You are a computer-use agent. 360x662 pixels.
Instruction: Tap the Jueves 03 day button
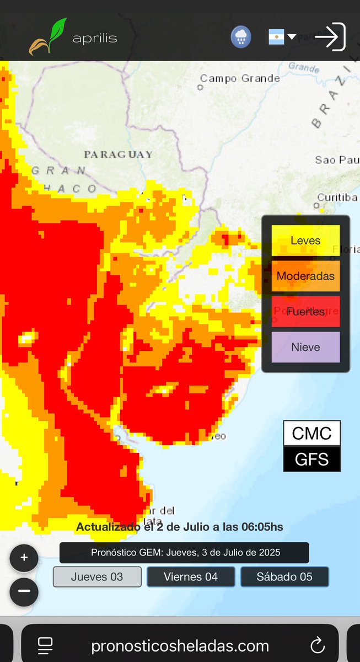(97, 577)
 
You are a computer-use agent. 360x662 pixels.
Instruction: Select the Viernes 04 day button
(191, 577)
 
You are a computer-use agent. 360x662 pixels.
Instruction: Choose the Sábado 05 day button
(284, 577)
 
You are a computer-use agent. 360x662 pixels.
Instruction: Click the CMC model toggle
(311, 434)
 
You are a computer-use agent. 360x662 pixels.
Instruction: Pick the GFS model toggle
(311, 460)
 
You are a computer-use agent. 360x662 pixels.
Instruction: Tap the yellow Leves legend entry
(305, 241)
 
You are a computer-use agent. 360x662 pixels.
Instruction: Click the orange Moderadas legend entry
(305, 276)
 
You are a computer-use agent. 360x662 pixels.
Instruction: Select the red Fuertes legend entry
(305, 312)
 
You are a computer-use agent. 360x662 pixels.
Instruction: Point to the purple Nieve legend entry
(305, 347)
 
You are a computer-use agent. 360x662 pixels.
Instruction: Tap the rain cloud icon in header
(240, 37)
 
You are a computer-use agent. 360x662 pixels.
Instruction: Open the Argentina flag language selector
(282, 37)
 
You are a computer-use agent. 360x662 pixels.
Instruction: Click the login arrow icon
(330, 37)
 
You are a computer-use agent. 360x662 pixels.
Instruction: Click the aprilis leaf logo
(49, 37)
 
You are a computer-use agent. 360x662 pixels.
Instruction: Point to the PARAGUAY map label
(118, 154)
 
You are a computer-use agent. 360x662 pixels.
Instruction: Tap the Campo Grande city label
(240, 79)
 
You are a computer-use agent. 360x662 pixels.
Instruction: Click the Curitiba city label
(337, 197)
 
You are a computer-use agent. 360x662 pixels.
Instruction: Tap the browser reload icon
(318, 645)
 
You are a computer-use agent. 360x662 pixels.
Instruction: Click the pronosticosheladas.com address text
(180, 645)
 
